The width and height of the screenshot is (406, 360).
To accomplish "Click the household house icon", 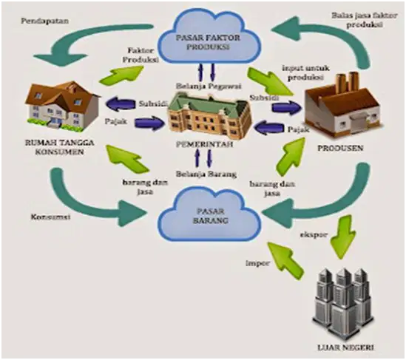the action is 62,106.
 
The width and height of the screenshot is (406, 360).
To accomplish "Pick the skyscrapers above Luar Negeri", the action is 343,304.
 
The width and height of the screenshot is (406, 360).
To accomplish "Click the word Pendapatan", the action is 45,21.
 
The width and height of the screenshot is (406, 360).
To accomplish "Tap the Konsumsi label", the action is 51,217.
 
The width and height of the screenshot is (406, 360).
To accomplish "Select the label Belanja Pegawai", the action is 209,86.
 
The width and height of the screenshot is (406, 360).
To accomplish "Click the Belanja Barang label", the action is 206,174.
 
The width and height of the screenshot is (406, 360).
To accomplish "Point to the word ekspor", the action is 314,235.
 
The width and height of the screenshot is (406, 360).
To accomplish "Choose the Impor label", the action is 257,263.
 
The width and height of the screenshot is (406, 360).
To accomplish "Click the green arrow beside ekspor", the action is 342,236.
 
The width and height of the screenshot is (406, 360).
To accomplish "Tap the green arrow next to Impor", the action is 285,261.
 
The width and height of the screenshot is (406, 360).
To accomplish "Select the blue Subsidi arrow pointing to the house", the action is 120,103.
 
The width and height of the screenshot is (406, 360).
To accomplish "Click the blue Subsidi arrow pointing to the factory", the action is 287,108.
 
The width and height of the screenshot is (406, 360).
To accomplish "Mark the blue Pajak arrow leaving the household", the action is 149,123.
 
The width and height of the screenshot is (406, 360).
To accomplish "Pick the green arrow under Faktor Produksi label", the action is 121,75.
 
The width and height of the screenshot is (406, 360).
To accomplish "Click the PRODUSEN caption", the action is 340,149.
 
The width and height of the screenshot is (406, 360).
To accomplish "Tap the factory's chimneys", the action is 348,82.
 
